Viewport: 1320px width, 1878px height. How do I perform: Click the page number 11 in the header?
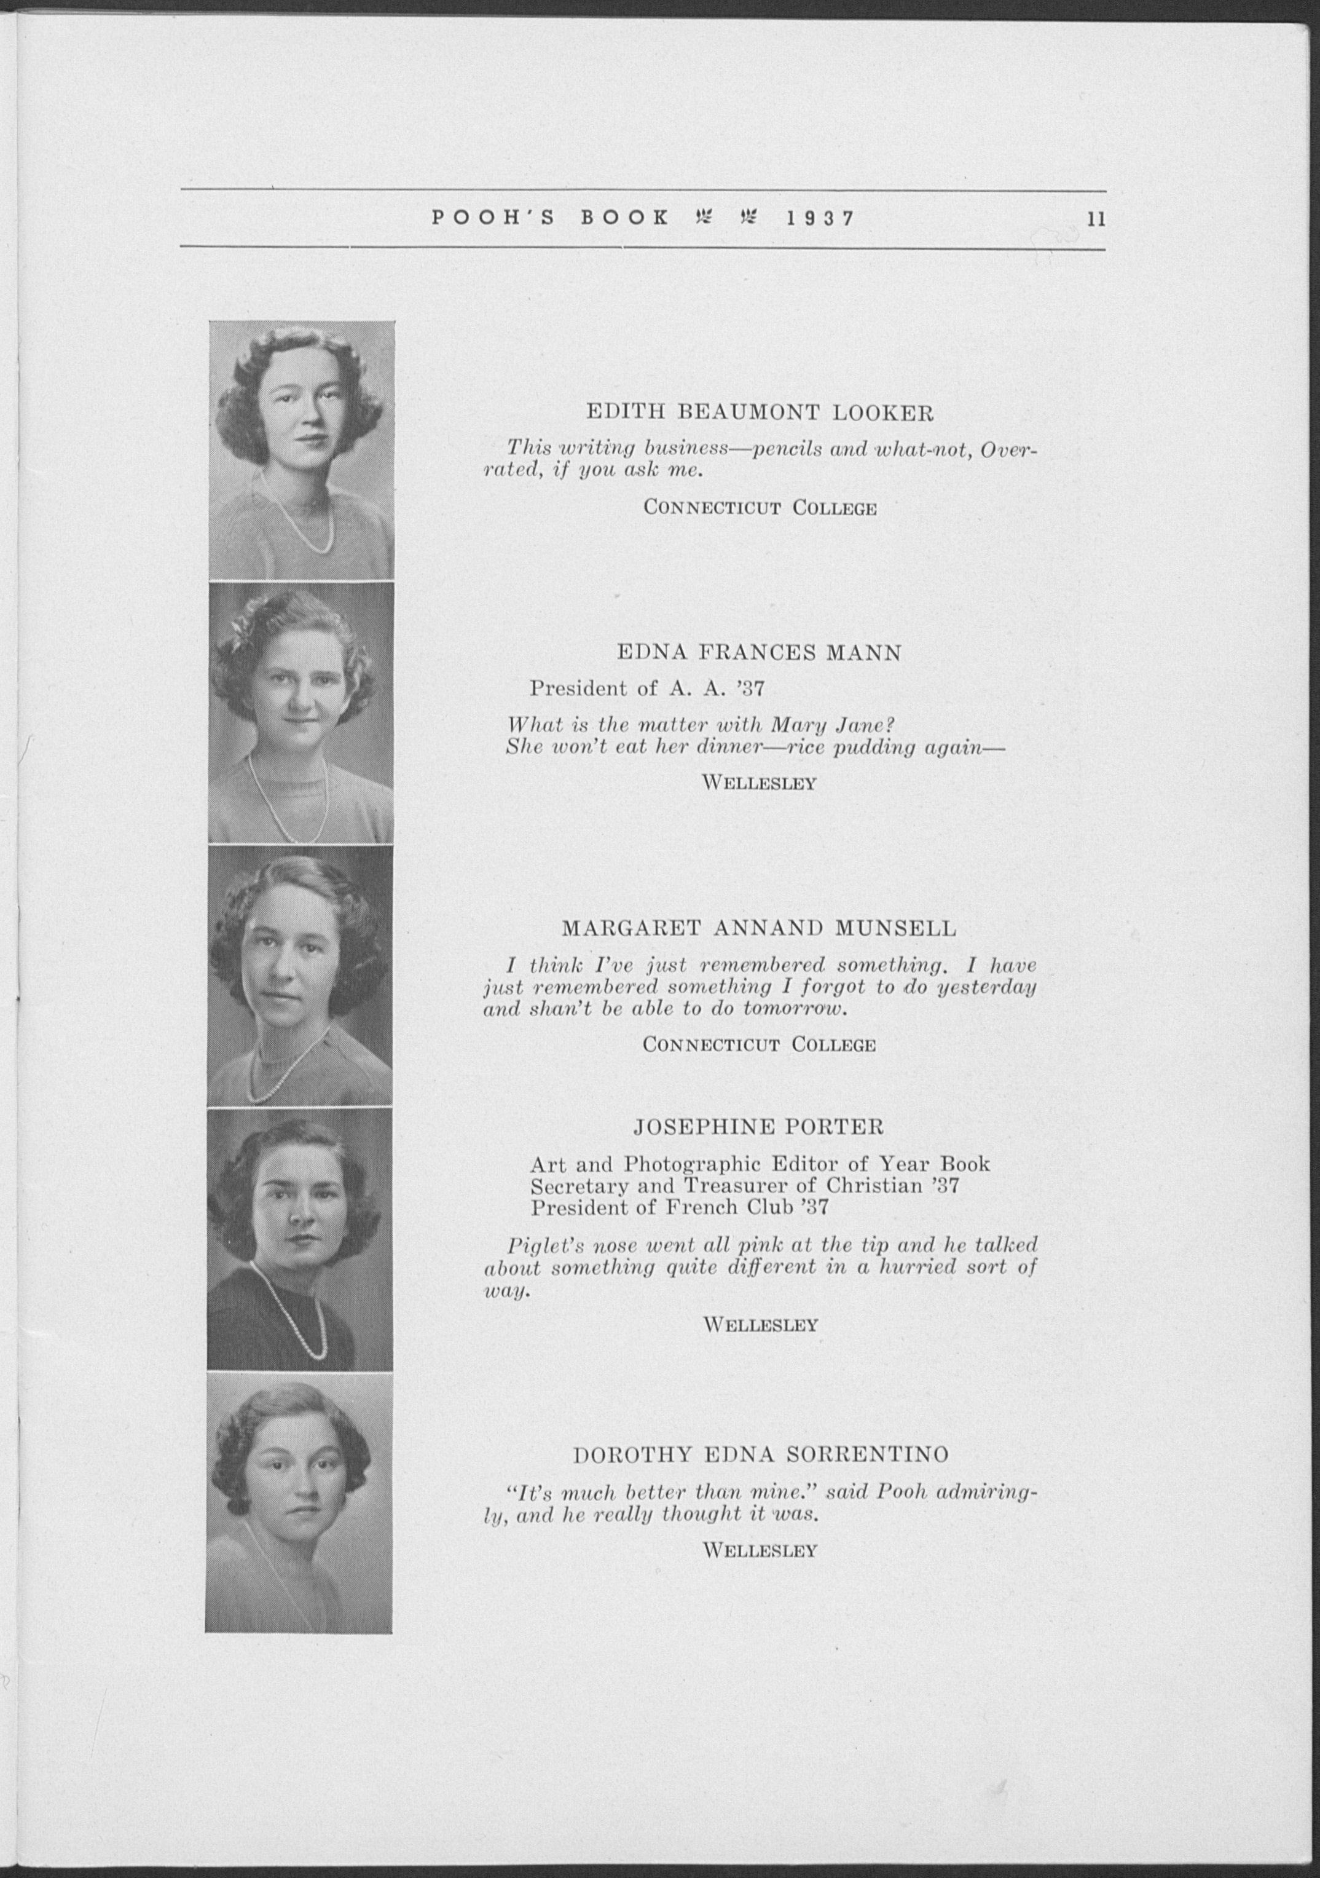tap(1095, 219)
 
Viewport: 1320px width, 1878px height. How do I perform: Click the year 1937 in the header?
tap(820, 219)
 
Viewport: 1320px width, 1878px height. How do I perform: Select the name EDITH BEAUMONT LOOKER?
tap(760, 413)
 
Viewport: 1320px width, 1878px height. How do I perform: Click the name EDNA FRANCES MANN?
tap(759, 653)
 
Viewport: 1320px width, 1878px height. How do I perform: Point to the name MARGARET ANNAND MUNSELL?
tap(759, 928)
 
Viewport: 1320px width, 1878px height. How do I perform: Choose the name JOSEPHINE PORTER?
tap(759, 1127)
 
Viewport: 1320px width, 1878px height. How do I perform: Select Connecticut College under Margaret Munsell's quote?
tap(759, 1045)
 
